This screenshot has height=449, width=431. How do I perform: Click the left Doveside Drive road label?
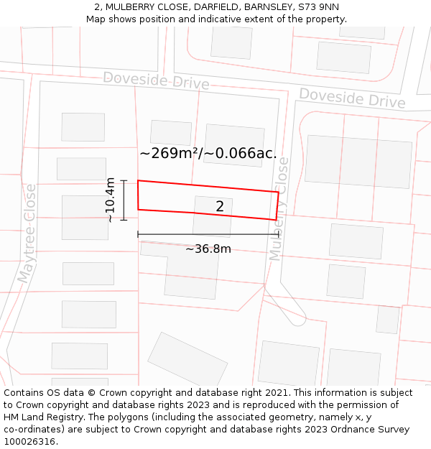[x=156, y=80]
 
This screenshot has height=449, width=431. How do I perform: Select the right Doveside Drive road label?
[x=352, y=98]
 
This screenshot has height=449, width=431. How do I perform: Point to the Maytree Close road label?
[x=27, y=232]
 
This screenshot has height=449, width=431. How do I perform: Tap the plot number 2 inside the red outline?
[x=220, y=207]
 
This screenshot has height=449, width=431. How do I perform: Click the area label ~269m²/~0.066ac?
[x=208, y=153]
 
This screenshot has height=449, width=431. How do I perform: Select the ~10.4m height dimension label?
[x=110, y=200]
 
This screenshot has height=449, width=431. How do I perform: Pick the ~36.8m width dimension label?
[x=208, y=249]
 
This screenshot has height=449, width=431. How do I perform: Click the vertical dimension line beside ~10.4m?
[x=124, y=200]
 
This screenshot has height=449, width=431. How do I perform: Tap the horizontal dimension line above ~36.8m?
[x=208, y=234]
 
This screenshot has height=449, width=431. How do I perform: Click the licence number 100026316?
[x=30, y=442]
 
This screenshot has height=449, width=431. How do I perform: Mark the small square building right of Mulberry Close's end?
[x=388, y=320]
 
